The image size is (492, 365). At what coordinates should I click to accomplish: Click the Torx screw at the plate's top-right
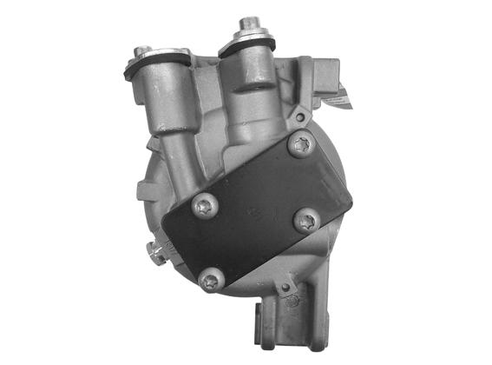(301, 146)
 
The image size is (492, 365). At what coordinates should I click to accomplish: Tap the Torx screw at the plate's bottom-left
(211, 280)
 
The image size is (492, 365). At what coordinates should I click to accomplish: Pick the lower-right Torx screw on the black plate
(305, 221)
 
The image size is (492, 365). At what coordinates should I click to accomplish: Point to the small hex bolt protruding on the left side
(156, 253)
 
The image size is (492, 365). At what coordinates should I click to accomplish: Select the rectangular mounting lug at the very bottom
(264, 325)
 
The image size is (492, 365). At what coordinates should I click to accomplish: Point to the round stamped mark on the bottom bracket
(292, 302)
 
